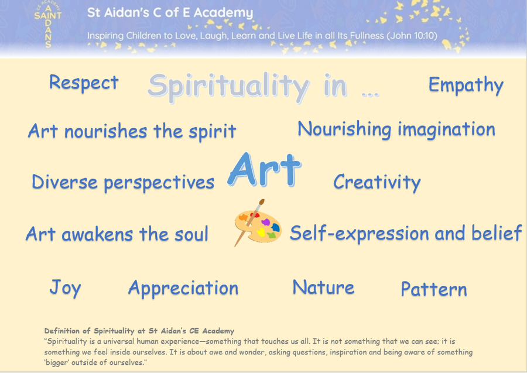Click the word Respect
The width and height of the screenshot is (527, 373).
(84, 83)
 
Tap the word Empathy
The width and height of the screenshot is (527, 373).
(466, 85)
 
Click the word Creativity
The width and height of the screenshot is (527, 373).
(377, 183)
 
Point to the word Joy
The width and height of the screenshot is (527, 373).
(65, 288)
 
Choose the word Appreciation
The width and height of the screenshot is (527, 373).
(183, 288)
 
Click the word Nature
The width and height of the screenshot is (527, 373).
(323, 288)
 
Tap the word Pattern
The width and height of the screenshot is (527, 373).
(434, 289)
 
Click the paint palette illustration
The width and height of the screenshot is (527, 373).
(258, 223)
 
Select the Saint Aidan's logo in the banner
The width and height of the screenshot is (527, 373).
(48, 24)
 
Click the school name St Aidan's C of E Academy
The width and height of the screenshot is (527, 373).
(170, 13)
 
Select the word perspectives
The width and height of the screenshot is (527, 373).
(159, 183)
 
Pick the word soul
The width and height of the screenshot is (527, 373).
(191, 234)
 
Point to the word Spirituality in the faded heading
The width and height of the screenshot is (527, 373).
(228, 87)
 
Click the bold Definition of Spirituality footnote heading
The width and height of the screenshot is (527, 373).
(139, 331)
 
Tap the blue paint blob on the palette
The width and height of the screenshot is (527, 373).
(276, 228)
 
